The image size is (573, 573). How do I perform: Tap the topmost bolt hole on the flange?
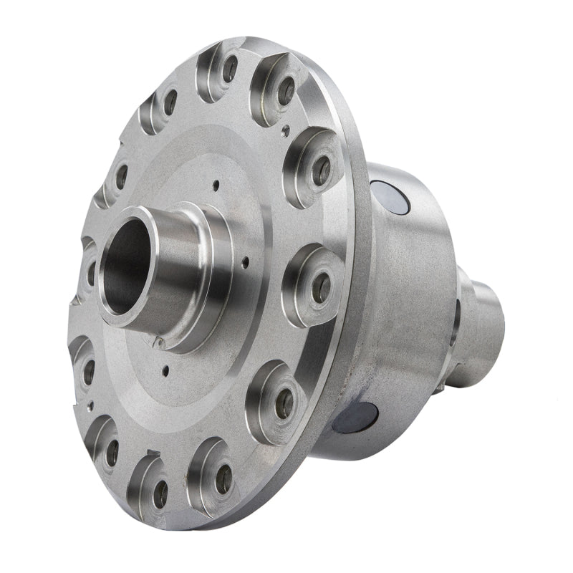[x=231, y=69]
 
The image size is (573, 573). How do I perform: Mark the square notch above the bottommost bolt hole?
[x=152, y=452]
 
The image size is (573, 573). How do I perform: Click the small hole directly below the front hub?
[x=165, y=371]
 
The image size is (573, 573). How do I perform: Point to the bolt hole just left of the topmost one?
[x=170, y=102]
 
